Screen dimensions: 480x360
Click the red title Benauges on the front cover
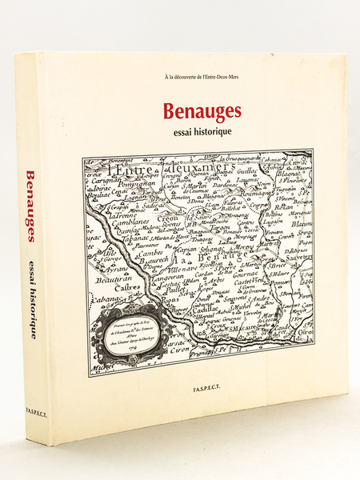[210, 111]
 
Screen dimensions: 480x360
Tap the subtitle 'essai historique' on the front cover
[210, 129]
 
